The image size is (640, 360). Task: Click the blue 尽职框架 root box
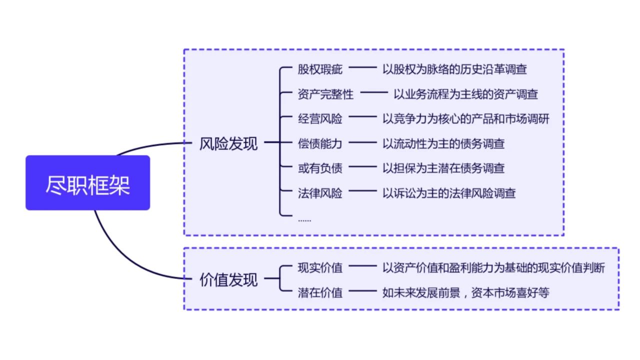87,182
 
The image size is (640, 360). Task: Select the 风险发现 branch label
228,143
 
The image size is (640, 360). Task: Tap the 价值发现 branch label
228,279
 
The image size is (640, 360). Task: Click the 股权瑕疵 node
320,69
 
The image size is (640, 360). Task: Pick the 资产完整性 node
325,94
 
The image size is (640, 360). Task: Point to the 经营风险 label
320,119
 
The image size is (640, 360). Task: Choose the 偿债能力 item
320,143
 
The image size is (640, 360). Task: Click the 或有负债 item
320,168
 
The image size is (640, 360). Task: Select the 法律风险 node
320,193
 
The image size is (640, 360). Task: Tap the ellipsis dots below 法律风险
304,219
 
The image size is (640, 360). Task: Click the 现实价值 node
320,267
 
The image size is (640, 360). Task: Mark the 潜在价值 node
320,292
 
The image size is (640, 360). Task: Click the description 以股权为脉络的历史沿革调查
454,69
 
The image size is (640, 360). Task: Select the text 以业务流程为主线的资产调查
465,94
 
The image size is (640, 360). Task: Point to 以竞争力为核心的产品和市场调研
465,119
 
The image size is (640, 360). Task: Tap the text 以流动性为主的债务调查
443,143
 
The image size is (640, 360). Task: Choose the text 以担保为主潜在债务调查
443,168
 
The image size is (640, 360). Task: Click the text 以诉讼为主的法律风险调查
449,193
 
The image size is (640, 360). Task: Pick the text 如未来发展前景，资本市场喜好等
465,292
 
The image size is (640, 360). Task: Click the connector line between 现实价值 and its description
362,267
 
